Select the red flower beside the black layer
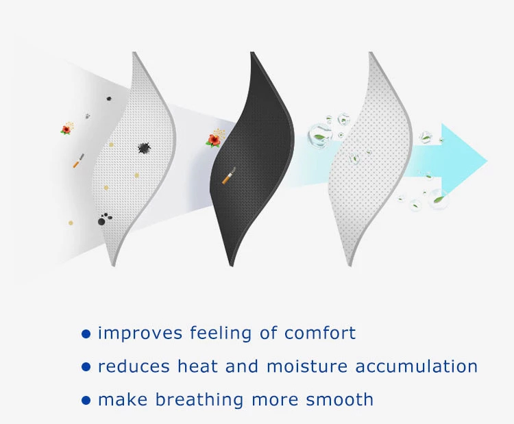(214, 140)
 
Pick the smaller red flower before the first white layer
(66, 129)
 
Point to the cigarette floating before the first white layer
(78, 160)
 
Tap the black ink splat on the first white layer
(144, 148)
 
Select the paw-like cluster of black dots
(105, 219)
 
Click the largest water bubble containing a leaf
(319, 135)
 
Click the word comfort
(319, 333)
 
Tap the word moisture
(307, 366)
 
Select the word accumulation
(417, 366)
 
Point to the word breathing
(199, 400)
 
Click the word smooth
(340, 399)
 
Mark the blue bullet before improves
(86, 334)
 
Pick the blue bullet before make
(86, 401)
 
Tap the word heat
(197, 366)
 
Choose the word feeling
(221, 333)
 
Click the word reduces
(134, 366)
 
